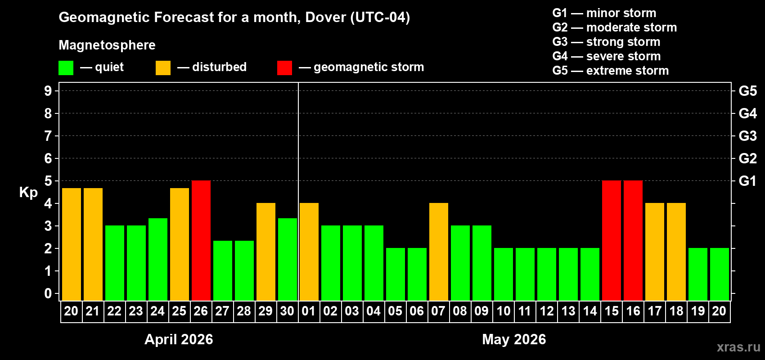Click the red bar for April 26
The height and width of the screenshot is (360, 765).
pos(201,240)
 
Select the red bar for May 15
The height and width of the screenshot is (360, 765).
pos(612,240)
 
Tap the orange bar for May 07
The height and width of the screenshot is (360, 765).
pos(439,252)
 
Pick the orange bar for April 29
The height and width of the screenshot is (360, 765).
pos(266,252)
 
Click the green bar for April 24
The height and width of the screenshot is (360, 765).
pos(158,259)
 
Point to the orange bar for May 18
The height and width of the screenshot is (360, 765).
pos(676,252)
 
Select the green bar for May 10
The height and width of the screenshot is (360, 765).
pos(504,274)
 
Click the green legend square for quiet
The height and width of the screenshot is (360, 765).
pos(66,68)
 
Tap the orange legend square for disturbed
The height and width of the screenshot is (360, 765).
pos(163,68)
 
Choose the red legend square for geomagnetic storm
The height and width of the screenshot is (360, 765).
pos(284,68)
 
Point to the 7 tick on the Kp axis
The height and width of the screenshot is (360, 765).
pos(48,136)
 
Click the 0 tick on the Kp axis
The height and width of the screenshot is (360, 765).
pos(48,294)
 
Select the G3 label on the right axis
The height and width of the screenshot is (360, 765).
pos(747,136)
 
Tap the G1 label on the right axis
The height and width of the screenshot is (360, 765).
pos(747,181)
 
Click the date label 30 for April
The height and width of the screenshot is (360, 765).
pos(287,311)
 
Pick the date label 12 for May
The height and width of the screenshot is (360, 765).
pos(547,311)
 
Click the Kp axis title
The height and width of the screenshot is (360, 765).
pos(28,193)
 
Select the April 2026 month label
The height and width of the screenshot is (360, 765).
pos(179,339)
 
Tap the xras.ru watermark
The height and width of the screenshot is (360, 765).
pos(738,347)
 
